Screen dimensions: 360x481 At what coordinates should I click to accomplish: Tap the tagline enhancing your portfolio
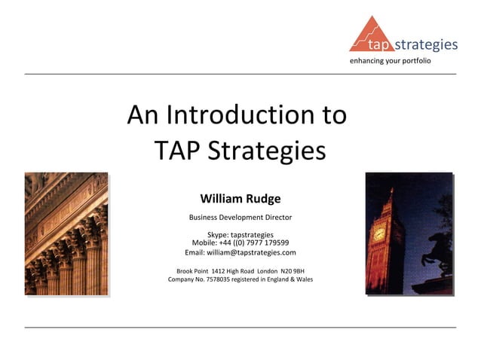coord(390,59)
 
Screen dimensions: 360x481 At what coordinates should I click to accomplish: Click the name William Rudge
coord(240,199)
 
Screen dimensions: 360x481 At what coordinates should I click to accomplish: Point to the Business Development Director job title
coord(240,218)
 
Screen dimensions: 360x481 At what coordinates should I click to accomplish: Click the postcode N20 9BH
coord(292,270)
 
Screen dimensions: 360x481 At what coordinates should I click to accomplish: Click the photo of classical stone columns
coord(66,233)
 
